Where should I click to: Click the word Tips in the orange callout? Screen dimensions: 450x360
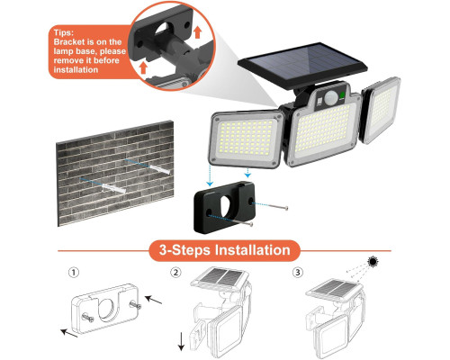(63, 32)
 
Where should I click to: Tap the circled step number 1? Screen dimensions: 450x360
(74, 273)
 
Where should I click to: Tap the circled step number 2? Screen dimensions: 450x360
(175, 273)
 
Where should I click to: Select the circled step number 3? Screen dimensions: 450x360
(297, 273)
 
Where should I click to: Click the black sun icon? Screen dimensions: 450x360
(373, 262)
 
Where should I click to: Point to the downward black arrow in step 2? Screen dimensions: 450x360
(181, 341)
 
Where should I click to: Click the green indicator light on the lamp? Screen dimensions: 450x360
(342, 95)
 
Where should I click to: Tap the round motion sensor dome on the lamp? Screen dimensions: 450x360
(331, 97)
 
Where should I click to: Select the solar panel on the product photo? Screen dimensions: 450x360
(302, 65)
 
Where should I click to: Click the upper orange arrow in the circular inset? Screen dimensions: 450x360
(197, 32)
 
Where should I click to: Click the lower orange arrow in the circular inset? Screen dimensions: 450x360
(143, 67)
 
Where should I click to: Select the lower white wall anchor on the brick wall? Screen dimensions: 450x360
(113, 188)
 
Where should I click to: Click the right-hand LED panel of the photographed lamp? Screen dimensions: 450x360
(382, 110)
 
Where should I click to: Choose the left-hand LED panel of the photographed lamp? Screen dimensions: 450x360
(247, 139)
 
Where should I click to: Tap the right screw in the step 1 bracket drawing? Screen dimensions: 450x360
(135, 305)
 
